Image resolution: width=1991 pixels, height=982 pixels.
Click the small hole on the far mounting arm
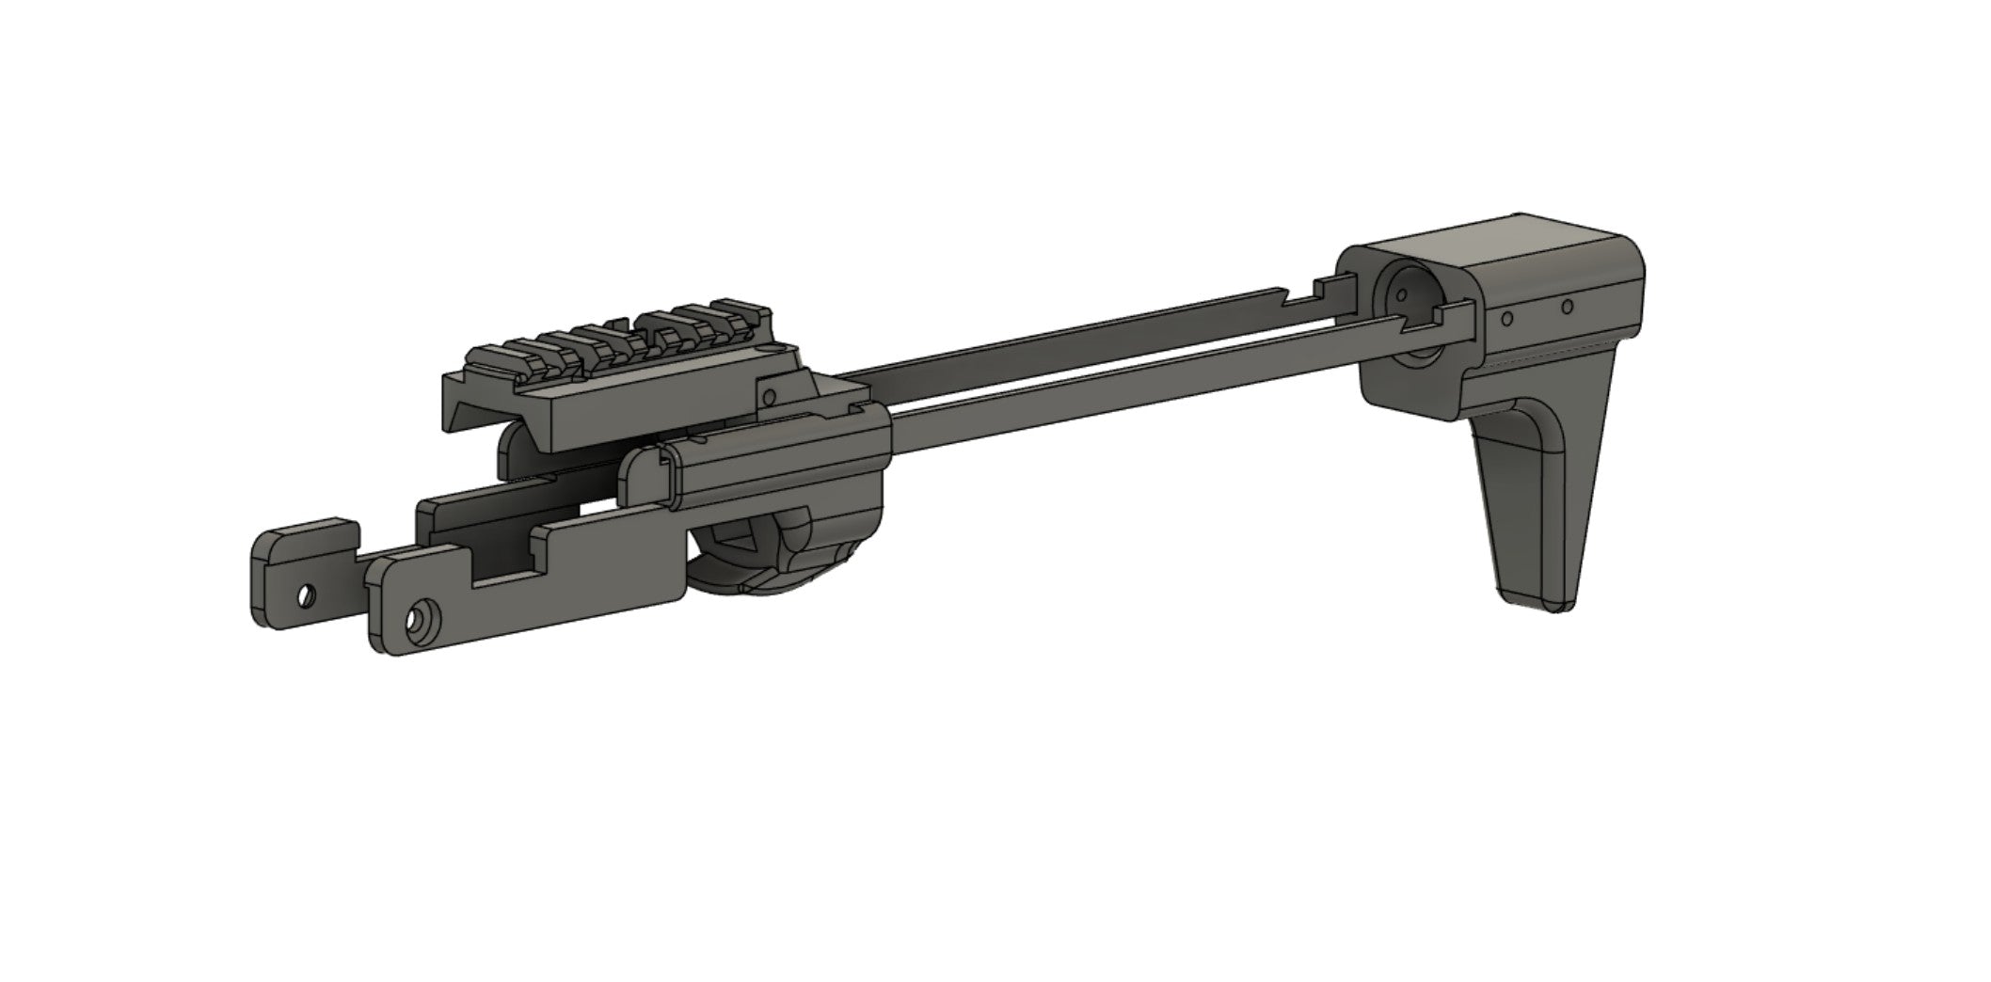point(305,595)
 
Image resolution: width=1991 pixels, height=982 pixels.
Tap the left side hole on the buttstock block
point(1506,319)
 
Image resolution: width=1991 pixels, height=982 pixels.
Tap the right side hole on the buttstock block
point(1567,307)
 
